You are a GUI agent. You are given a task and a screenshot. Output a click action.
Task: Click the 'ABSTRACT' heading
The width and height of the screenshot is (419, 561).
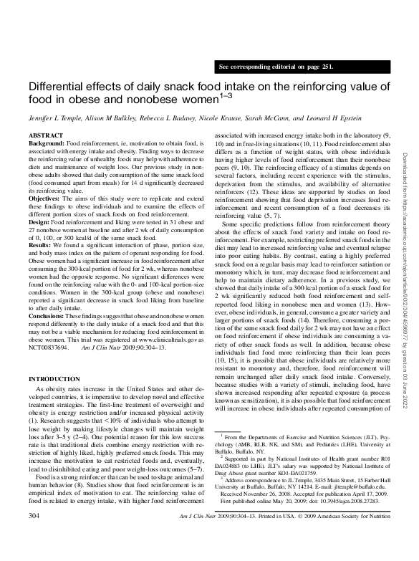[44, 135]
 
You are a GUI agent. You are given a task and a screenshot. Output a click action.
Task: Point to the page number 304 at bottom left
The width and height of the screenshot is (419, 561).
[33, 554]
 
